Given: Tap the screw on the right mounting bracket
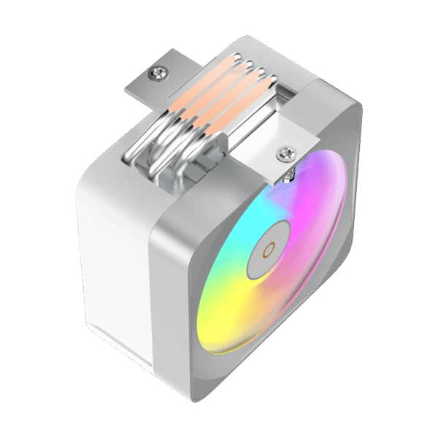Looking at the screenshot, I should pos(285,153).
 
